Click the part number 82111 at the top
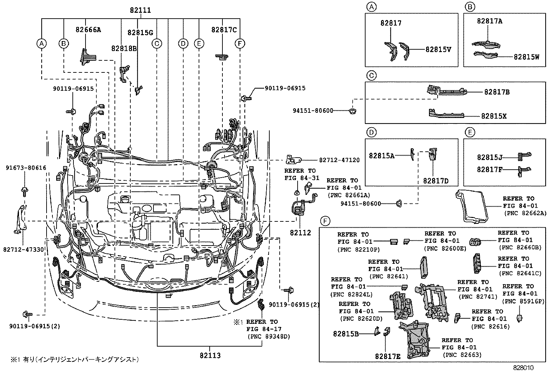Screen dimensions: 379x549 coord(140,10)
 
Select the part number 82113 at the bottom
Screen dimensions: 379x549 coord(210,355)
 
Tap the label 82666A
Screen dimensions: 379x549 coord(88,30)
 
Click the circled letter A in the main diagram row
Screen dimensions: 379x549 coord(41,43)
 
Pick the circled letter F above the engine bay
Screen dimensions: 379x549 coord(240,43)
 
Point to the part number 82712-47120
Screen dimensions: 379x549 coord(339,160)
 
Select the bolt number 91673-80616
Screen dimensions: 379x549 coord(26,168)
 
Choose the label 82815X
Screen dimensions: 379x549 coord(494,116)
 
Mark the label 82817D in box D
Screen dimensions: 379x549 coord(436,181)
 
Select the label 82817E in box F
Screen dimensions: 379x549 coord(388,356)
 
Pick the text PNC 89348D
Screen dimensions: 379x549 coord(269,336)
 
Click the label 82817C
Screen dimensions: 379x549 coord(224,30)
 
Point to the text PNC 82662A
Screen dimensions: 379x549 coord(525,213)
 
